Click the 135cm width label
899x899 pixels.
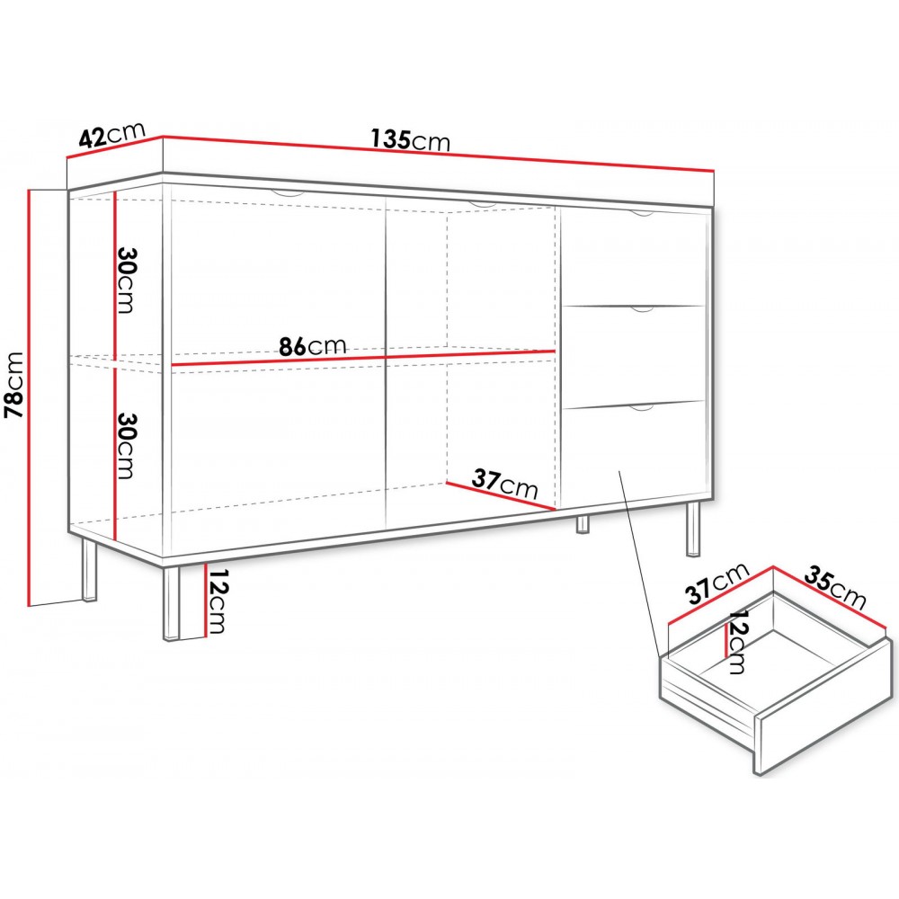(410, 140)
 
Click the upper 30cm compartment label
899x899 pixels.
(125, 280)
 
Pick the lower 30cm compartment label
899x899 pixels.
(125, 447)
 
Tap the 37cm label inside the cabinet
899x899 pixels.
(505, 486)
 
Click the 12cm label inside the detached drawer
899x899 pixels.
(738, 642)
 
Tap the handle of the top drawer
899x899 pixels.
(640, 214)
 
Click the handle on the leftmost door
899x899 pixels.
(287, 194)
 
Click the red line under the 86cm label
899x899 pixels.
(360, 357)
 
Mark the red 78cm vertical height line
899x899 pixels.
(31, 396)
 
